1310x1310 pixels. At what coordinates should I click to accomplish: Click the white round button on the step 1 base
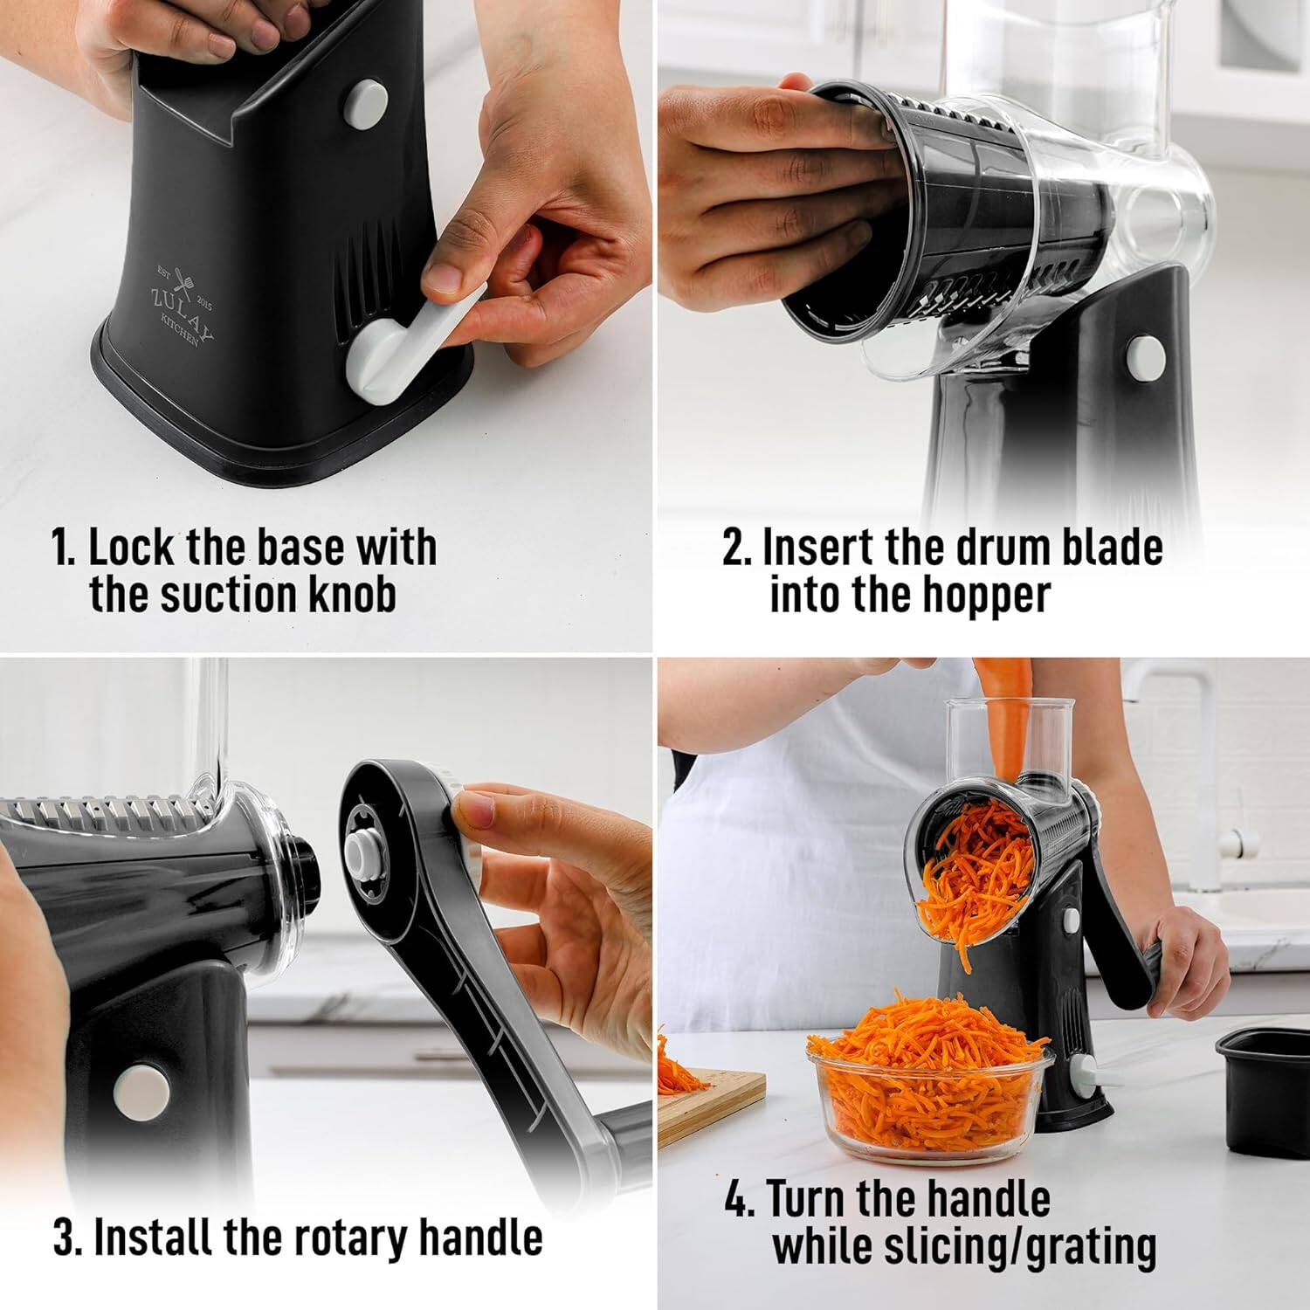365,104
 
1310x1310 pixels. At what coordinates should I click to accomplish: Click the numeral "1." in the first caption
66,548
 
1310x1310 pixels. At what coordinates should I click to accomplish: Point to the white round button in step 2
1144,354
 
